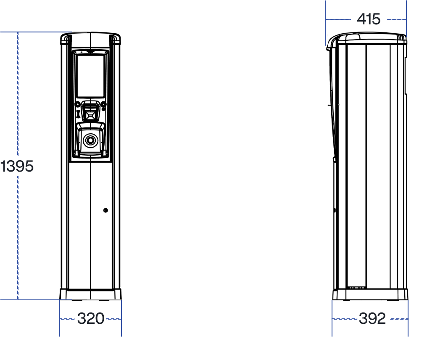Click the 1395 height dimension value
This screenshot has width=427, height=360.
pos(17,166)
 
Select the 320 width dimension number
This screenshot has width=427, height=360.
pos(91,318)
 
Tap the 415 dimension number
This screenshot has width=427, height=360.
pos(369,19)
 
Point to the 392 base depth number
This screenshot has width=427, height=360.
pos(372,318)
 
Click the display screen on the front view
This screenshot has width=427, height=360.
pos(91,76)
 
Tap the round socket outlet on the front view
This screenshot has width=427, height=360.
pos(90,141)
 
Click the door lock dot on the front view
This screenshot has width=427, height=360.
pos(105,210)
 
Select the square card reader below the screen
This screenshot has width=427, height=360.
pos(90,111)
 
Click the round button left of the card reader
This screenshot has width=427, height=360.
pos(78,104)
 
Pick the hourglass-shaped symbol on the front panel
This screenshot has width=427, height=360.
pos(78,114)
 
